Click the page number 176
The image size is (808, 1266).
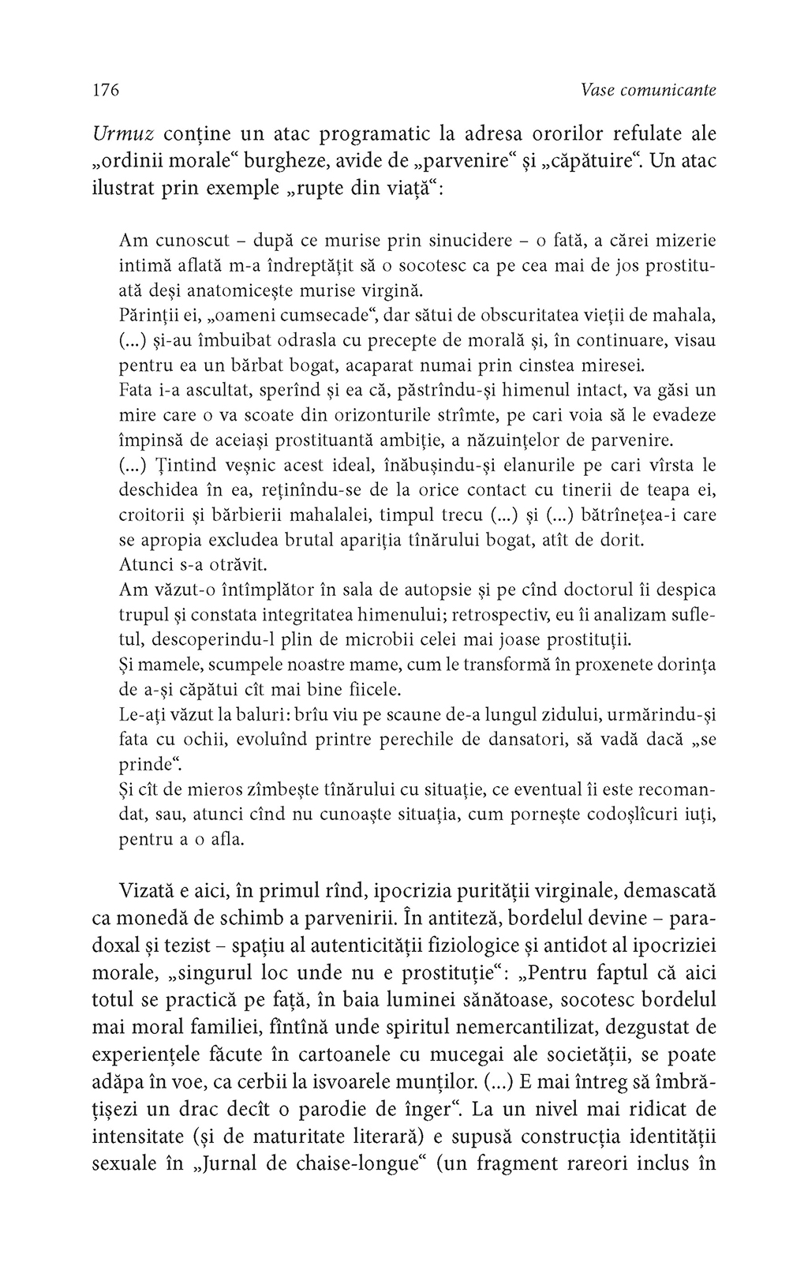point(105,90)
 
